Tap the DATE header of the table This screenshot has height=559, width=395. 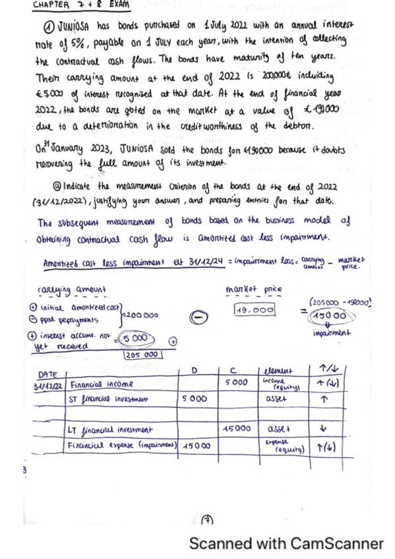[48, 374]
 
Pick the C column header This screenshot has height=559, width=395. [234, 372]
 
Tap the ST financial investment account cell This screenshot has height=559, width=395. [108, 399]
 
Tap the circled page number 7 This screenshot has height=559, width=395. [206, 518]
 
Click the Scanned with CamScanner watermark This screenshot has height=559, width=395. [286, 544]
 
